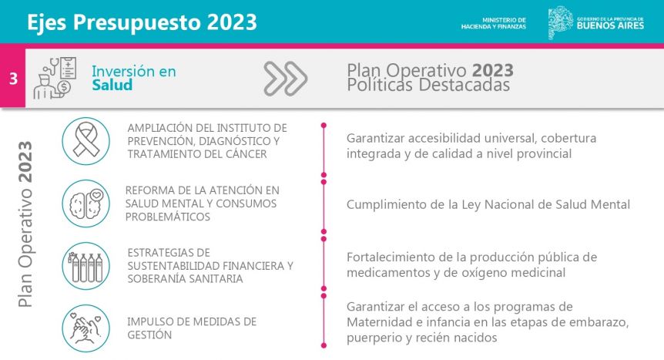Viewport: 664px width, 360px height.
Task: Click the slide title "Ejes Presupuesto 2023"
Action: [x=142, y=22]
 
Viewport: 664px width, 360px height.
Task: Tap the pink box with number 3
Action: [x=12, y=78]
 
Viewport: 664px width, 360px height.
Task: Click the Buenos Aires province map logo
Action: [x=560, y=22]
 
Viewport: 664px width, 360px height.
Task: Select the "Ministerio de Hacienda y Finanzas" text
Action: [x=493, y=23]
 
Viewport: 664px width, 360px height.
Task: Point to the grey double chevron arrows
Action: [x=286, y=79]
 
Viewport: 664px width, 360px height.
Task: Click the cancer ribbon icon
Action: [x=86, y=141]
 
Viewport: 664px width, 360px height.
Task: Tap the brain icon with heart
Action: [x=86, y=204]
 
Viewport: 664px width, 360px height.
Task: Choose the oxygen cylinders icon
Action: [x=86, y=266]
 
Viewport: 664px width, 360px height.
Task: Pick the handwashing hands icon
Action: [x=86, y=328]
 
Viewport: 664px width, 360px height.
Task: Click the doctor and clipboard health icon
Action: [x=55, y=78]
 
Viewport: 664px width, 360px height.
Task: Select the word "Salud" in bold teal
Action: [x=112, y=85]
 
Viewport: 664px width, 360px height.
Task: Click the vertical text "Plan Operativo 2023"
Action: [x=25, y=224]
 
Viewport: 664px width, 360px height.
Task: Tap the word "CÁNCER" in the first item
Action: [x=246, y=154]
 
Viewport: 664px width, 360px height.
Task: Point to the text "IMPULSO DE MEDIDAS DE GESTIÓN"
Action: [x=192, y=328]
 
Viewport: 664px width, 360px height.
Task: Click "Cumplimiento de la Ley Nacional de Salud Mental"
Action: [x=488, y=204]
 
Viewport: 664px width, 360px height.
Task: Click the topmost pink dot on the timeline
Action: [x=324, y=126]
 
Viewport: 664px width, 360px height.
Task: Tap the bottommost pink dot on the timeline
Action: [x=324, y=345]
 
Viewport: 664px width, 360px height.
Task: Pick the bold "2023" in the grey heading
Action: [x=492, y=70]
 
